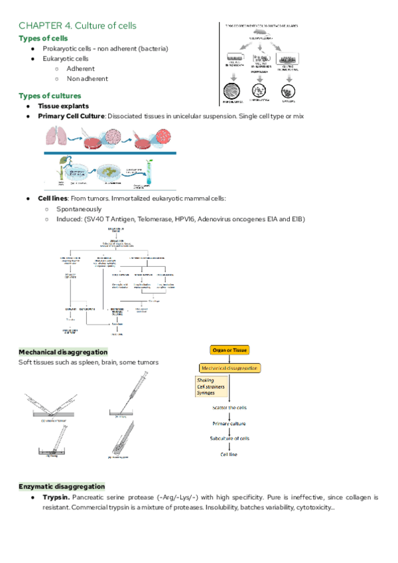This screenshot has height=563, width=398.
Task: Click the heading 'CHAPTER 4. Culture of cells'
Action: [78, 25]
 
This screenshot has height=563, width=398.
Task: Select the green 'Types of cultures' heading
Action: [50, 96]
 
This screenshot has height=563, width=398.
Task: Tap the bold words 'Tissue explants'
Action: [63, 106]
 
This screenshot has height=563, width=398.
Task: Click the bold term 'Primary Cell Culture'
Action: [71, 116]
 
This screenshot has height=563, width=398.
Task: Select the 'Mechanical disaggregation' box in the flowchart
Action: [230, 368]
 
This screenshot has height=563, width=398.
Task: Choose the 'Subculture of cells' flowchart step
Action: [230, 438]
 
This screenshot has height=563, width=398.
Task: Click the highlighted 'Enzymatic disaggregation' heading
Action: [61, 487]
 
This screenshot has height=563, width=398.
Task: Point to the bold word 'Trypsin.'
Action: [56, 497]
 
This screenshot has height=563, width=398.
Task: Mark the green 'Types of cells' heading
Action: [42, 39]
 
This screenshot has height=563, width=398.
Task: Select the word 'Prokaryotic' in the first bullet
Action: [62, 49]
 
